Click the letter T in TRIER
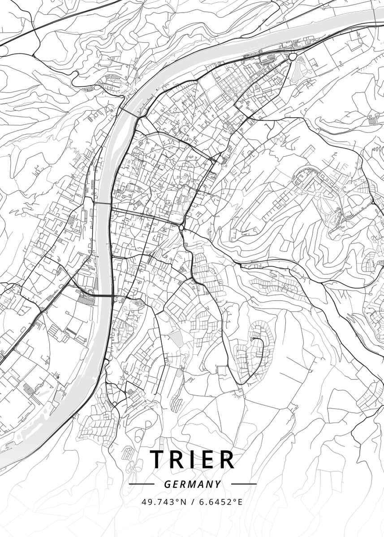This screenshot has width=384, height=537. [158, 459]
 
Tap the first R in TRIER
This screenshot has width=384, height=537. [178, 459]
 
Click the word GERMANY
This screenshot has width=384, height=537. [192, 484]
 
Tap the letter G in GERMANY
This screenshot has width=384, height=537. [167, 484]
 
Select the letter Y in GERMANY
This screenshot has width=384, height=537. [218, 484]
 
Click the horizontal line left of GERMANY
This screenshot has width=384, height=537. [141, 484]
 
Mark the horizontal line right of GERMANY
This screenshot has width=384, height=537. [243, 484]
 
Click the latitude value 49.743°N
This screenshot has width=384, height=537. [164, 502]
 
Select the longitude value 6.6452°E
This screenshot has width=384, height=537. [221, 502]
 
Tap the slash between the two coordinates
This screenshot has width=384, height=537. [193, 502]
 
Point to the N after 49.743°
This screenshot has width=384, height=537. [183, 502]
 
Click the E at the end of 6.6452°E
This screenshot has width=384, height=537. [240, 502]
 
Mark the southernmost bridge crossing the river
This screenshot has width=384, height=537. [104, 295]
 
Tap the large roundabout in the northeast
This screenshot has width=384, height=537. [293, 57]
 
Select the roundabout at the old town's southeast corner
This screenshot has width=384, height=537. [182, 228]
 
